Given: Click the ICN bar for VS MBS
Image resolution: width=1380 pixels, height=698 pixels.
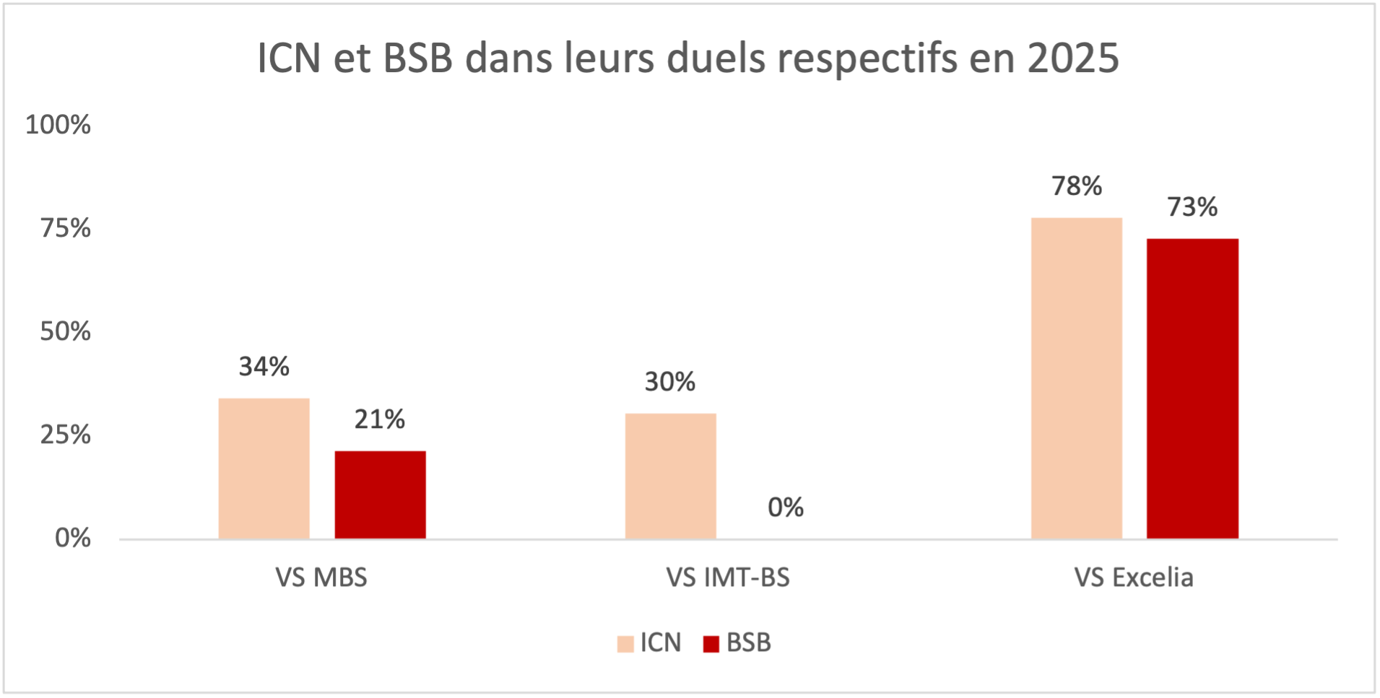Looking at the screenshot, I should [264, 468].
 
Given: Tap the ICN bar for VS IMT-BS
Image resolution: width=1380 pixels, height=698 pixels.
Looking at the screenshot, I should [670, 476].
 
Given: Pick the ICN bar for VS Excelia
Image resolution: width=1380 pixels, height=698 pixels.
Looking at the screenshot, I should [1076, 378].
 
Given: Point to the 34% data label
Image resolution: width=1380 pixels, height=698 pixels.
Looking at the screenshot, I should [264, 367].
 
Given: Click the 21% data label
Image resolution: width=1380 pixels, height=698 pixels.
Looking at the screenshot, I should [379, 419].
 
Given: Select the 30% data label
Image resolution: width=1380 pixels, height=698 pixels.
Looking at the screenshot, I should [669, 382].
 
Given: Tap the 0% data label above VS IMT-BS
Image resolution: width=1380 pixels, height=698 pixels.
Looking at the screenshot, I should [786, 507].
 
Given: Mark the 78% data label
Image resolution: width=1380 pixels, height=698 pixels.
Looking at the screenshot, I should [1076, 186].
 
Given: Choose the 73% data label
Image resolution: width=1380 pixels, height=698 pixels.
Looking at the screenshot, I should [1192, 207].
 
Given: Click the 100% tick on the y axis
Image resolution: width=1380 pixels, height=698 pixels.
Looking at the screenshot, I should [58, 125].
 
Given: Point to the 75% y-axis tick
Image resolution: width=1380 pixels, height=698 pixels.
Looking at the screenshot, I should [65, 228].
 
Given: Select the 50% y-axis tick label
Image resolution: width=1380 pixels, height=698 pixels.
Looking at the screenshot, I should [65, 331].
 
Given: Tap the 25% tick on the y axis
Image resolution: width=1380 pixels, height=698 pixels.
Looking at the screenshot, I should [65, 435].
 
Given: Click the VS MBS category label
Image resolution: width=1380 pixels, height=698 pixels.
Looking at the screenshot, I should [321, 577].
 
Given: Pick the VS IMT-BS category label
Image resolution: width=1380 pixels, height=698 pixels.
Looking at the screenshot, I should [727, 577].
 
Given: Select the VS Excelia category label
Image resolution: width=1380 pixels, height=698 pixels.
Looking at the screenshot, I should [1133, 577].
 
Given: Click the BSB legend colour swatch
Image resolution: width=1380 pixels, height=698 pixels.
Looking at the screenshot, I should [711, 643].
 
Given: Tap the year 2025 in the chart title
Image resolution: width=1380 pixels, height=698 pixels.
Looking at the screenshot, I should [1073, 58].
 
